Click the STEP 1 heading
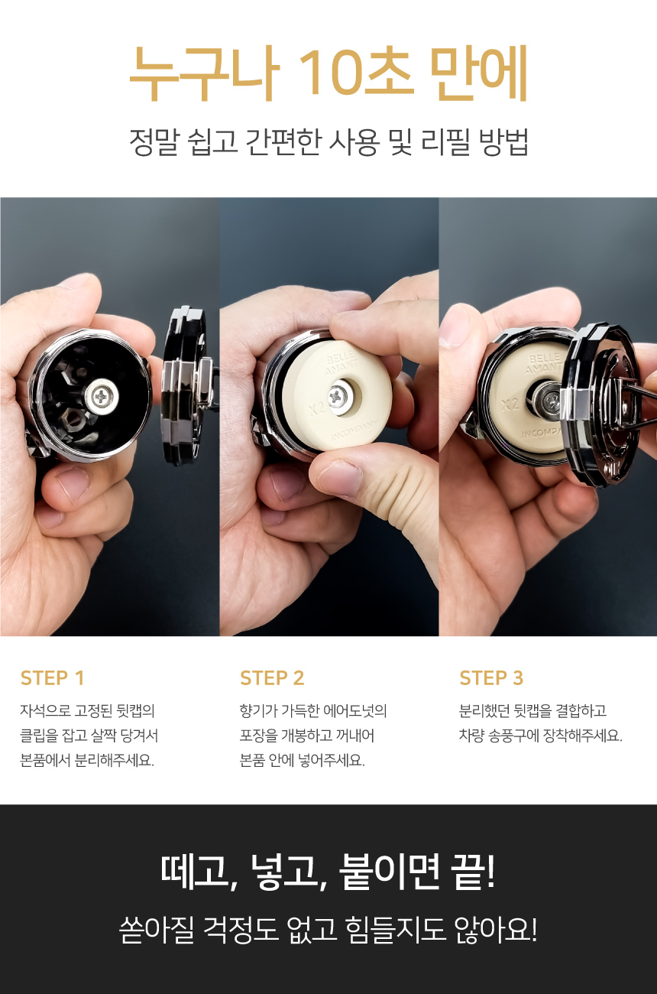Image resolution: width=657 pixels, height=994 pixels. click(52, 678)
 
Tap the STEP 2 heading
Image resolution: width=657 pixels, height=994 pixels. click(272, 678)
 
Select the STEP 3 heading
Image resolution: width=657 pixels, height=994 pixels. click(491, 678)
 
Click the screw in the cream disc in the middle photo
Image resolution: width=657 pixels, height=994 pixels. click(340, 395)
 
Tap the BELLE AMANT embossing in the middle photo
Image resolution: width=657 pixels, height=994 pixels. click(341, 362)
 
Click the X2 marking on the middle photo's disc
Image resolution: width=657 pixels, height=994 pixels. click(317, 407)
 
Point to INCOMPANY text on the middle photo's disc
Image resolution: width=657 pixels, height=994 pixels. click(354, 430)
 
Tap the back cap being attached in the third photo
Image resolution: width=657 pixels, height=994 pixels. click(605, 404)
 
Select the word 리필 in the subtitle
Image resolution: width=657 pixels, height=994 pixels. click(445, 142)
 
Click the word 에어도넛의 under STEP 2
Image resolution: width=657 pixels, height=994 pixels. click(355, 710)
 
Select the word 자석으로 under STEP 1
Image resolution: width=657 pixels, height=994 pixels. click(45, 710)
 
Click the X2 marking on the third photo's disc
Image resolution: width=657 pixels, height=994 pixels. click(510, 404)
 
